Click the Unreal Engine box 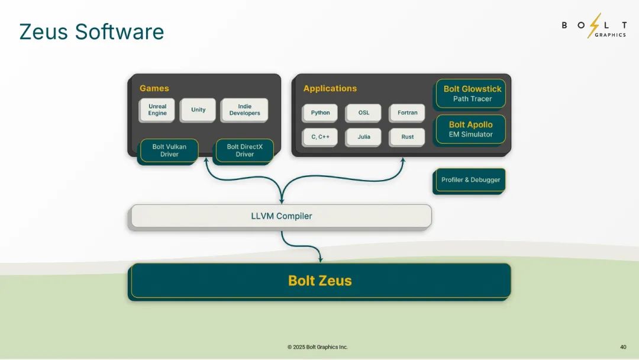[x=157, y=110]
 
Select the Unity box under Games [x=198, y=110]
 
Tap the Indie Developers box [x=244, y=110]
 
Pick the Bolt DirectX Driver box [x=244, y=151]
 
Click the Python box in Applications [x=320, y=113]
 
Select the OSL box [x=363, y=113]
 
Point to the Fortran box [x=407, y=113]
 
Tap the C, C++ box [x=320, y=137]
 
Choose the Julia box [x=363, y=137]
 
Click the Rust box [x=407, y=137]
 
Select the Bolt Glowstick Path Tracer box [x=471, y=94]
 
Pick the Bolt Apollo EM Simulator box [x=471, y=130]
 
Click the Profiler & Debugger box [x=469, y=181]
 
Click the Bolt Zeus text [x=320, y=281]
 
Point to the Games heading [x=154, y=88]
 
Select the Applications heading [x=330, y=88]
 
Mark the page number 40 [x=623, y=347]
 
